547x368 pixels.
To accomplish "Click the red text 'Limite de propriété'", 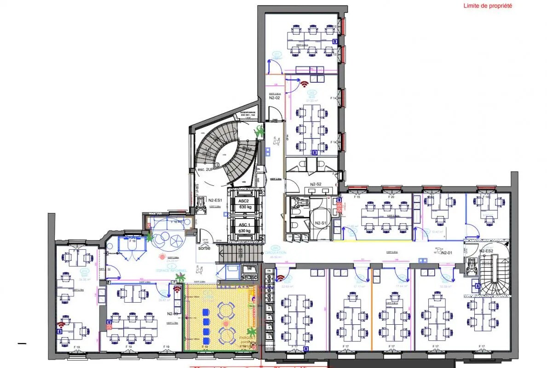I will click(488, 6).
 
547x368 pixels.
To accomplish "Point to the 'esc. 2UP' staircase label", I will click(205, 170).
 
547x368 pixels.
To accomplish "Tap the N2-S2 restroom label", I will click(315, 184).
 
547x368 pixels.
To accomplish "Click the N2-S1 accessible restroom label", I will click(321, 223).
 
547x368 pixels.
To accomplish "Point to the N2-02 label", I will click(274, 98).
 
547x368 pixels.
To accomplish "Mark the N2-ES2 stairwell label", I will click(486, 251).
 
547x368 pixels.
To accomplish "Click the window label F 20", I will click(391, 197).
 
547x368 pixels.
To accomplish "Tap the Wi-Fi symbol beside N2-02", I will click(304, 84).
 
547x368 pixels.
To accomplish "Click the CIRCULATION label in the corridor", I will click(275, 253).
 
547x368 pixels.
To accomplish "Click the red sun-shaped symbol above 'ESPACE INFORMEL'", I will click(162, 256).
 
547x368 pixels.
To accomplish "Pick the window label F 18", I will click(486, 197).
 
